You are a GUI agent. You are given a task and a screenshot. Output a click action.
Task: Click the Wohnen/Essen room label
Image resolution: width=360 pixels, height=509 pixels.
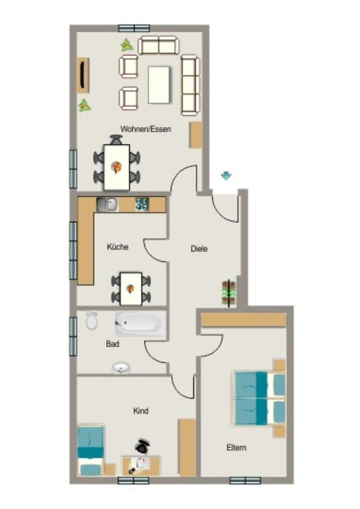[x=145, y=129]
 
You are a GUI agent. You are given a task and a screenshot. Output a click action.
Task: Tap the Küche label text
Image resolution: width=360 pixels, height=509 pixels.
[x=117, y=247]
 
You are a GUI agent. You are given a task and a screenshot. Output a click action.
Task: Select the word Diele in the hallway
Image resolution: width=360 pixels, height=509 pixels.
[x=199, y=249]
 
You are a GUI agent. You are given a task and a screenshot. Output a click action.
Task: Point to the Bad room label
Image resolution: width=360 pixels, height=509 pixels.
[x=112, y=344]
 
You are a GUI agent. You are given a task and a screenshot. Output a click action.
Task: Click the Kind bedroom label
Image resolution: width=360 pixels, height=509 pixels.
[x=141, y=411]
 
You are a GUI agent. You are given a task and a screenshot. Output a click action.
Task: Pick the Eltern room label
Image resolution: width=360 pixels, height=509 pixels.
[x=236, y=447]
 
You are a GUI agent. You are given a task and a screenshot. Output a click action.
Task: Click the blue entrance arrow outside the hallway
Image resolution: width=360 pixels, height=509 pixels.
[x=226, y=176]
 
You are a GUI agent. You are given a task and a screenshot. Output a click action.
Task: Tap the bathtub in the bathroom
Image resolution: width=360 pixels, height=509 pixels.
[x=141, y=323]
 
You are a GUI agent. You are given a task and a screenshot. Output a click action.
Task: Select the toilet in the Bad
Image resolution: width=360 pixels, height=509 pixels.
[x=92, y=320]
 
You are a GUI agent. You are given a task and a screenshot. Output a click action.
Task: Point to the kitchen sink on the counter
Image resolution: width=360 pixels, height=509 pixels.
[x=107, y=204]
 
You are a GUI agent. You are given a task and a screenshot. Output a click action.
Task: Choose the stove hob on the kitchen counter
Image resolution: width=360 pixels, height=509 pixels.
[x=142, y=204]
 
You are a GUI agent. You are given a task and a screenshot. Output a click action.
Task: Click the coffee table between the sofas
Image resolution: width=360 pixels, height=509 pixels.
[x=159, y=84]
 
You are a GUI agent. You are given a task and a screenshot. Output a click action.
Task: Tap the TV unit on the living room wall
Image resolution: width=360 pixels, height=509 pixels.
[x=83, y=75]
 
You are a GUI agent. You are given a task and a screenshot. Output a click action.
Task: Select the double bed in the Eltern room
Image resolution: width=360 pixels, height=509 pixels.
[x=259, y=398]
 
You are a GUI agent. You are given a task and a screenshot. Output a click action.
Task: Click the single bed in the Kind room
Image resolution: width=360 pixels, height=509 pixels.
[x=90, y=451]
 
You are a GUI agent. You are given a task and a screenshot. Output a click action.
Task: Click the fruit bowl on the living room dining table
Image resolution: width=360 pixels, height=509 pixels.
[x=116, y=168]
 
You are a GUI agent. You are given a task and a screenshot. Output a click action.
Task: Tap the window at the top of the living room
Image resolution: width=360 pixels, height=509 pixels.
[x=134, y=28]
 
